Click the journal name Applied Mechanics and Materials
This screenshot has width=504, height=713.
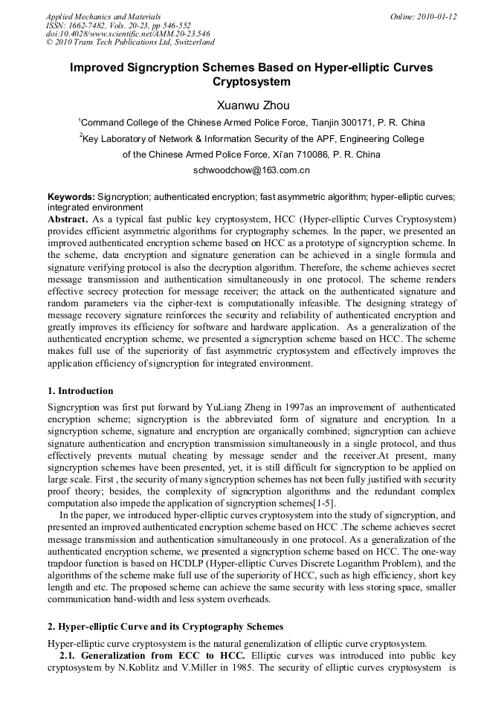(103, 16)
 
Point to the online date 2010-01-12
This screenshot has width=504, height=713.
(438, 16)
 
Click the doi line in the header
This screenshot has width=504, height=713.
(128, 33)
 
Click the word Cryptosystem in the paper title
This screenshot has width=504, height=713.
(251, 82)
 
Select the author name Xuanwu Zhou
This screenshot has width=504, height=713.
(251, 105)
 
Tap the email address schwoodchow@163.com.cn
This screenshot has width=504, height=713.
(251, 170)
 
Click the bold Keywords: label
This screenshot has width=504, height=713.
(71, 197)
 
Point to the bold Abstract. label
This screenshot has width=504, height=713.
(68, 220)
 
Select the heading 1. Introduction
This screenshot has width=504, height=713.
(80, 391)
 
